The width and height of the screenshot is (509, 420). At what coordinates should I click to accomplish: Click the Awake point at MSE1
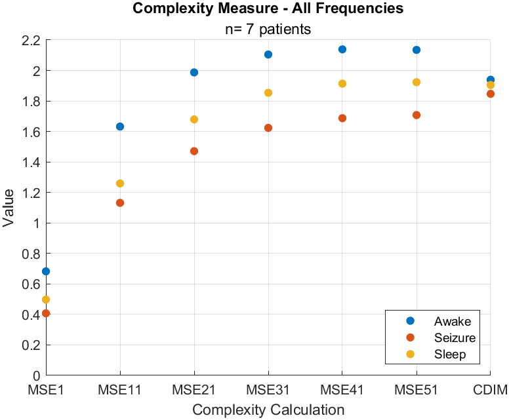click(46, 271)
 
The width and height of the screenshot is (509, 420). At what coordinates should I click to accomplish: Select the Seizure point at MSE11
click(120, 203)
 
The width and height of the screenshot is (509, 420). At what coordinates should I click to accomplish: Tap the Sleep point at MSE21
click(194, 119)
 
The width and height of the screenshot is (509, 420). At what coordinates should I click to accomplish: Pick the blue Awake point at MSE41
click(342, 50)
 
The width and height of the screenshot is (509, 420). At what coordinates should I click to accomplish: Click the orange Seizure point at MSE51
click(417, 115)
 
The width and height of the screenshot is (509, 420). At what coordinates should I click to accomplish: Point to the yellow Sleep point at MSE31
click(268, 93)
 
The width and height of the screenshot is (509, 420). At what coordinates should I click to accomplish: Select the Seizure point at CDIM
click(491, 94)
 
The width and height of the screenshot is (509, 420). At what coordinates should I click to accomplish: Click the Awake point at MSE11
click(120, 126)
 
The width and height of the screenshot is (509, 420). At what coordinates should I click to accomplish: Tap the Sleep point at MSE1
click(46, 299)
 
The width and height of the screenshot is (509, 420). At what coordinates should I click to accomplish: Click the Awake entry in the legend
click(453, 321)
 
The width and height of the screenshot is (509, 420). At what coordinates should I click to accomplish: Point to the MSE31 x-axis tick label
click(268, 391)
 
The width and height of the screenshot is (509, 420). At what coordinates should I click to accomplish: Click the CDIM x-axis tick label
click(491, 391)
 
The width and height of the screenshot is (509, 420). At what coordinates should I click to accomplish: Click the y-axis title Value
click(9, 208)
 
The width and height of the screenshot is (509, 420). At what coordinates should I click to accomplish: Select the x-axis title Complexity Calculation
click(268, 410)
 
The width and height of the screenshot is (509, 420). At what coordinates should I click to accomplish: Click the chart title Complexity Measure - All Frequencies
click(268, 9)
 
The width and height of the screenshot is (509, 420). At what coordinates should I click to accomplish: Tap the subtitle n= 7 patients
click(268, 29)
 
